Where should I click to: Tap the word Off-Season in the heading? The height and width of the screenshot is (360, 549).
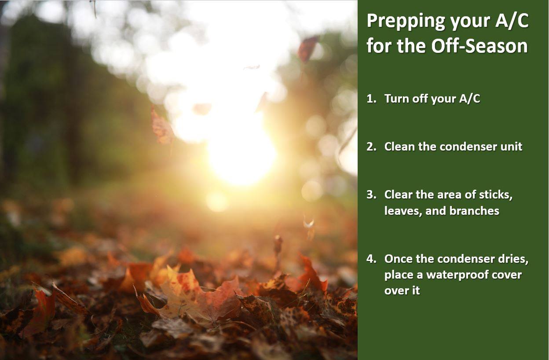[x=479, y=46]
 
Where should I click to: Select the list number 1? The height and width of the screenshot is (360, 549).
[x=371, y=99]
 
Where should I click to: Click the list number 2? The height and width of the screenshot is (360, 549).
[x=371, y=147]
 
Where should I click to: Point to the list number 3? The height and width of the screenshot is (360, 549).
[x=371, y=195]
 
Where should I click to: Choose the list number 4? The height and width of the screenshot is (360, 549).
[x=371, y=259]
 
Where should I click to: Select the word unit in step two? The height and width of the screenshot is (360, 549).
[x=513, y=147]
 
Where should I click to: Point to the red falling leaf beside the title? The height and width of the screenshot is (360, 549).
[x=308, y=48]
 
